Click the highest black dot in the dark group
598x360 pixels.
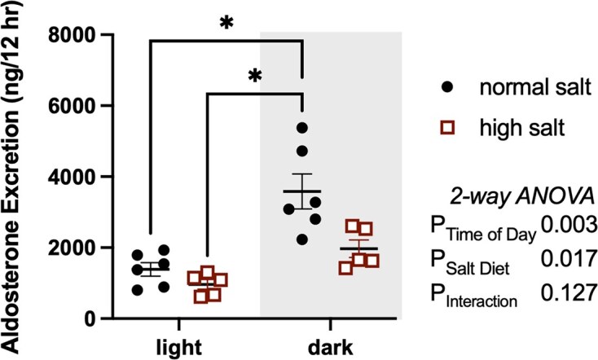point(302,128)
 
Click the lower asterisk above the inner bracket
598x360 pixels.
point(254,77)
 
